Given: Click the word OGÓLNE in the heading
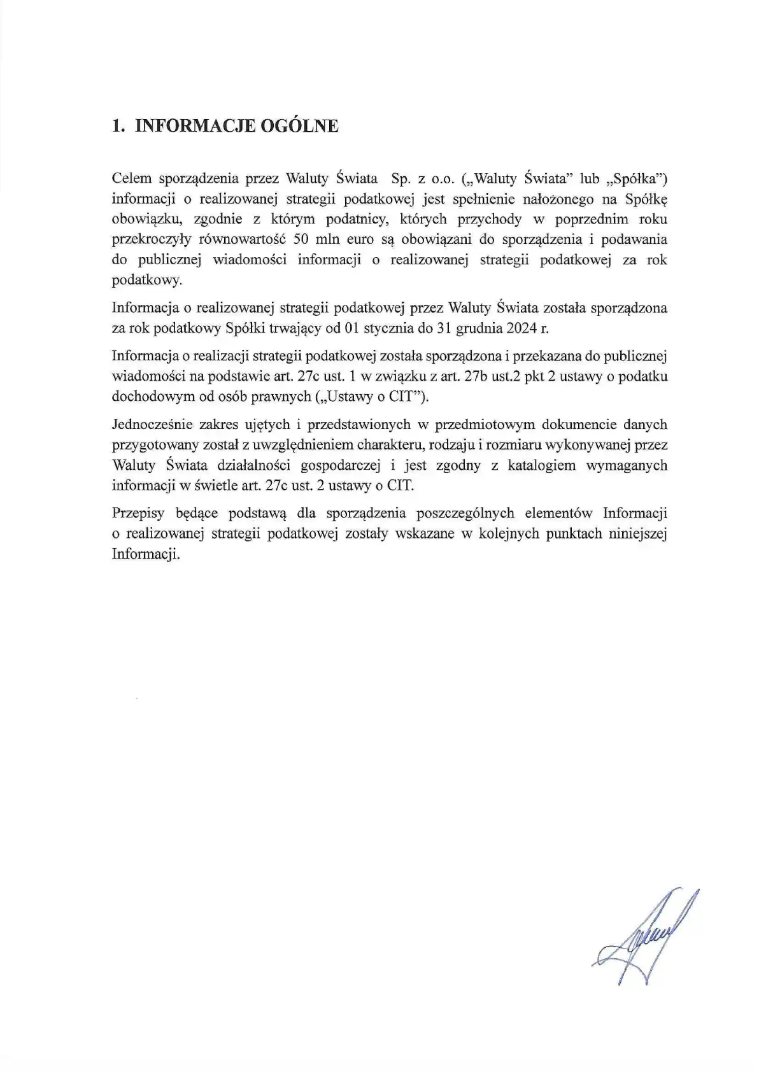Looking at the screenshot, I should tap(299, 125).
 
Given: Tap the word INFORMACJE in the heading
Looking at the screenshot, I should tap(195, 125).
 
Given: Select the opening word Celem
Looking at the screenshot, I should tap(131, 178).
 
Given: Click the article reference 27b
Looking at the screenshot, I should tap(476, 376).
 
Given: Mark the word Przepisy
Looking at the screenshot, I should tap(138, 513).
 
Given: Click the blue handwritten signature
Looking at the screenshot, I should tap(643, 936).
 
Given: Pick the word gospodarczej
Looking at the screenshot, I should tap(340, 465).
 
